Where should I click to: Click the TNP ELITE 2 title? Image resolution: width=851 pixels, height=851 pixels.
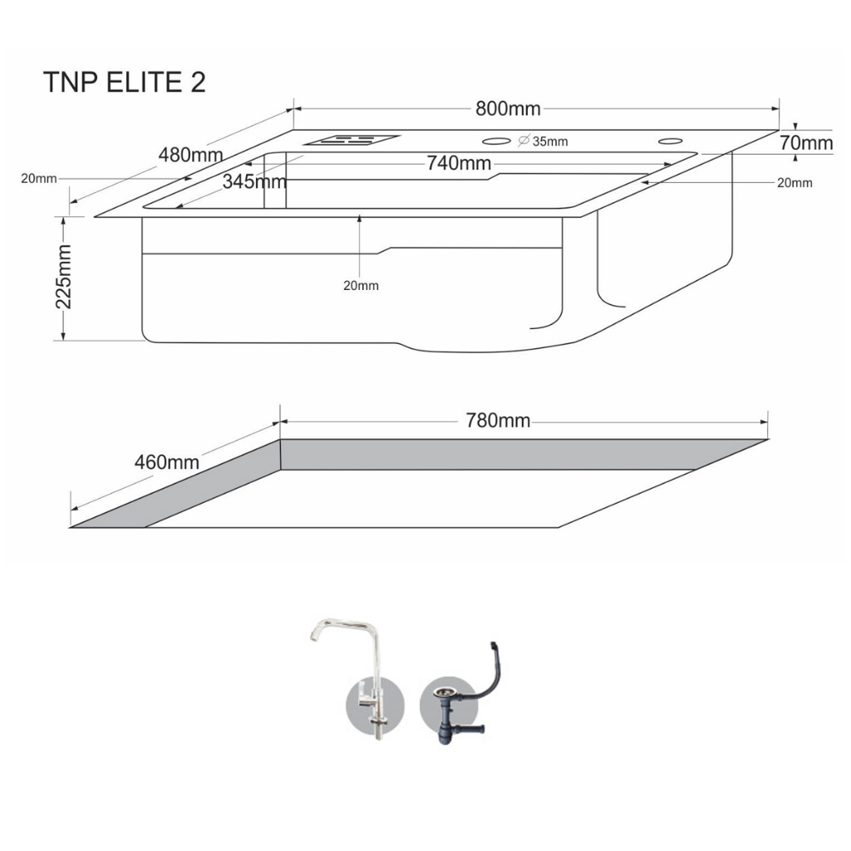tap(125, 82)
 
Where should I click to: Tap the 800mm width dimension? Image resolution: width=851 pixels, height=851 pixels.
tap(508, 109)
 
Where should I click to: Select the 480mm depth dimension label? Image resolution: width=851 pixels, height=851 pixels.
tap(190, 155)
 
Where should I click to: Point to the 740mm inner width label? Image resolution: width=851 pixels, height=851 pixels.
tap(459, 163)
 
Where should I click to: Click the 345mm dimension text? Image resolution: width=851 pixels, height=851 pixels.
tap(254, 181)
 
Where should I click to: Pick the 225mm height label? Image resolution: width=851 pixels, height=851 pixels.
tap(64, 277)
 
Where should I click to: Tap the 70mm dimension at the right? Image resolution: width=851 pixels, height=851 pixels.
tap(806, 143)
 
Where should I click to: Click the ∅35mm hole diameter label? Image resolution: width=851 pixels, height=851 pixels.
tap(543, 141)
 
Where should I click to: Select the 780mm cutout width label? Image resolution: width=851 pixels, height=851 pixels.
tap(498, 421)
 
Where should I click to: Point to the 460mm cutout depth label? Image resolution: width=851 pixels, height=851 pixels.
tap(166, 462)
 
